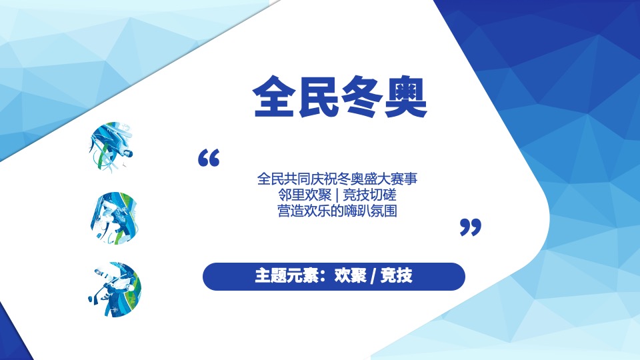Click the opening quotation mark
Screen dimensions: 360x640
coord(209,159)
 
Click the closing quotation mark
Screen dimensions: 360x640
coord(471,227)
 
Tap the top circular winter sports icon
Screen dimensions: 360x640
coord(110,145)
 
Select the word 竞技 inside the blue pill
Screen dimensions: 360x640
coord(396,276)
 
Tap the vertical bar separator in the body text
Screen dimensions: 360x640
coord(337,195)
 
